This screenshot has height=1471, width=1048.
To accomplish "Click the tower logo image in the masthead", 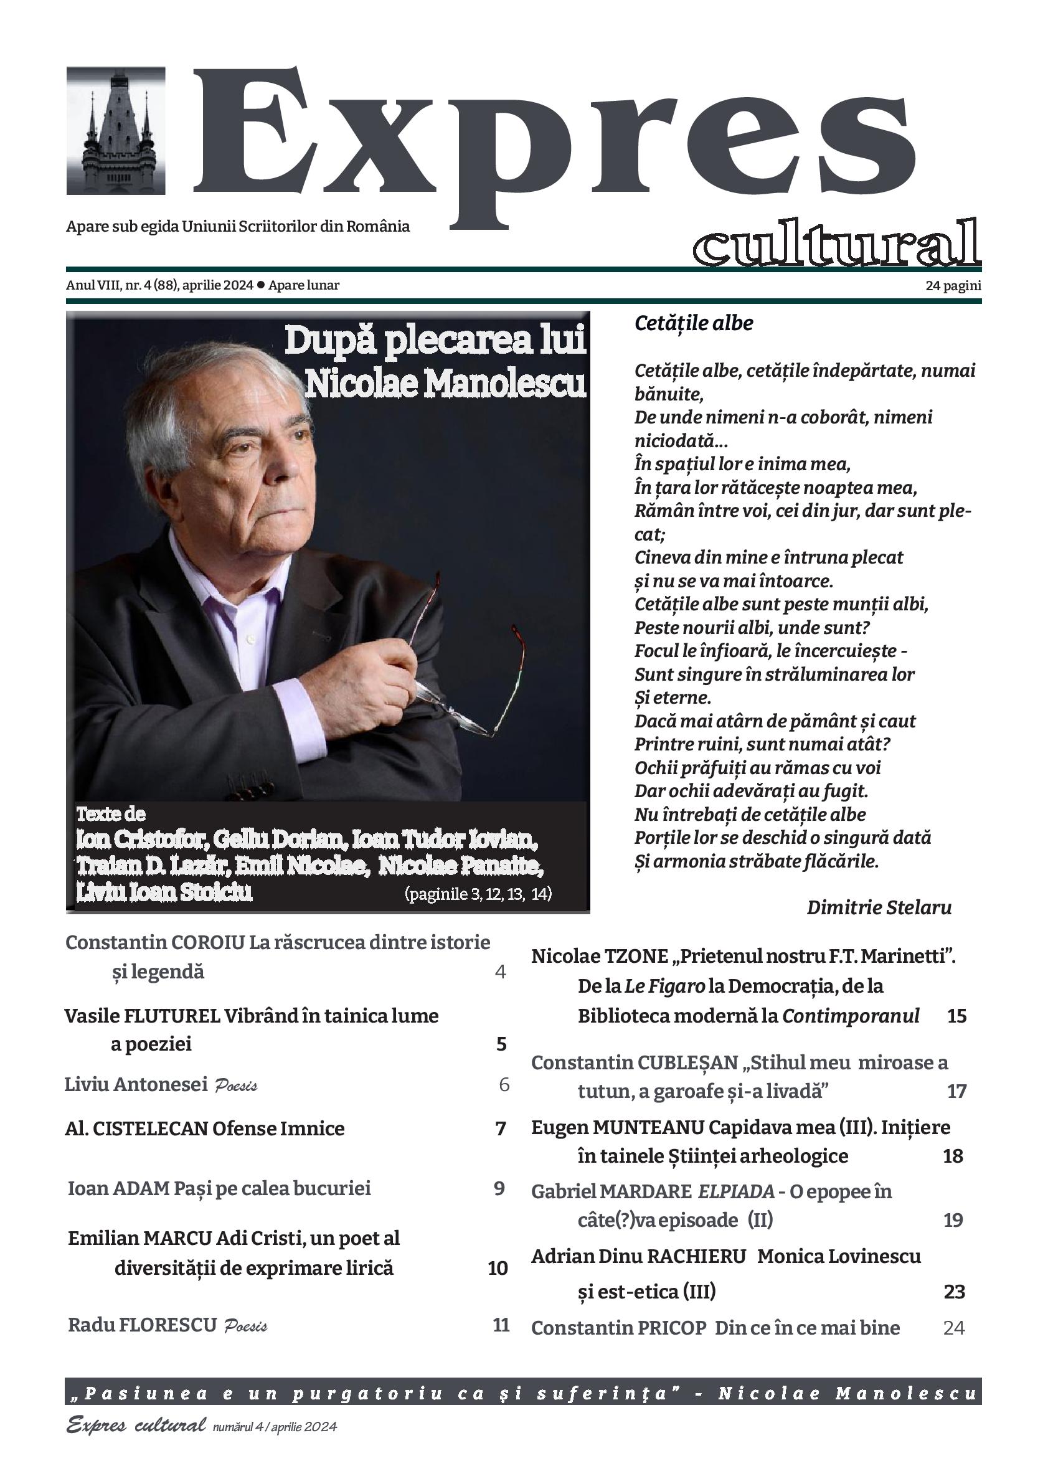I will pos(116,130).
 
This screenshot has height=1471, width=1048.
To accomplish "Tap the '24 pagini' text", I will pos(953,286).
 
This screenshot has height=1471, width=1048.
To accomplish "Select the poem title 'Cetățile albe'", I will pos(694,323).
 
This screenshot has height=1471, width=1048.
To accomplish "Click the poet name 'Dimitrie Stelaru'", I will pos(879,907).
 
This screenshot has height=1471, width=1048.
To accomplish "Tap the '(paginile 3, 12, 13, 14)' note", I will pos(478,894).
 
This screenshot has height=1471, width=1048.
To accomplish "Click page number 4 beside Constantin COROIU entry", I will pos(500,972).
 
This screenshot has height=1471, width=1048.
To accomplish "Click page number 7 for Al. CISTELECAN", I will pos(500,1128).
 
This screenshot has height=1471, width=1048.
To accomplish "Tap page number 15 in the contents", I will pos(956,1016).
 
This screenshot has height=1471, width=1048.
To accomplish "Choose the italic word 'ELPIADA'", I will pos(736,1191).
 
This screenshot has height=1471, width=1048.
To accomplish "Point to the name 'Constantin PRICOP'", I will pos(618,1328).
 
